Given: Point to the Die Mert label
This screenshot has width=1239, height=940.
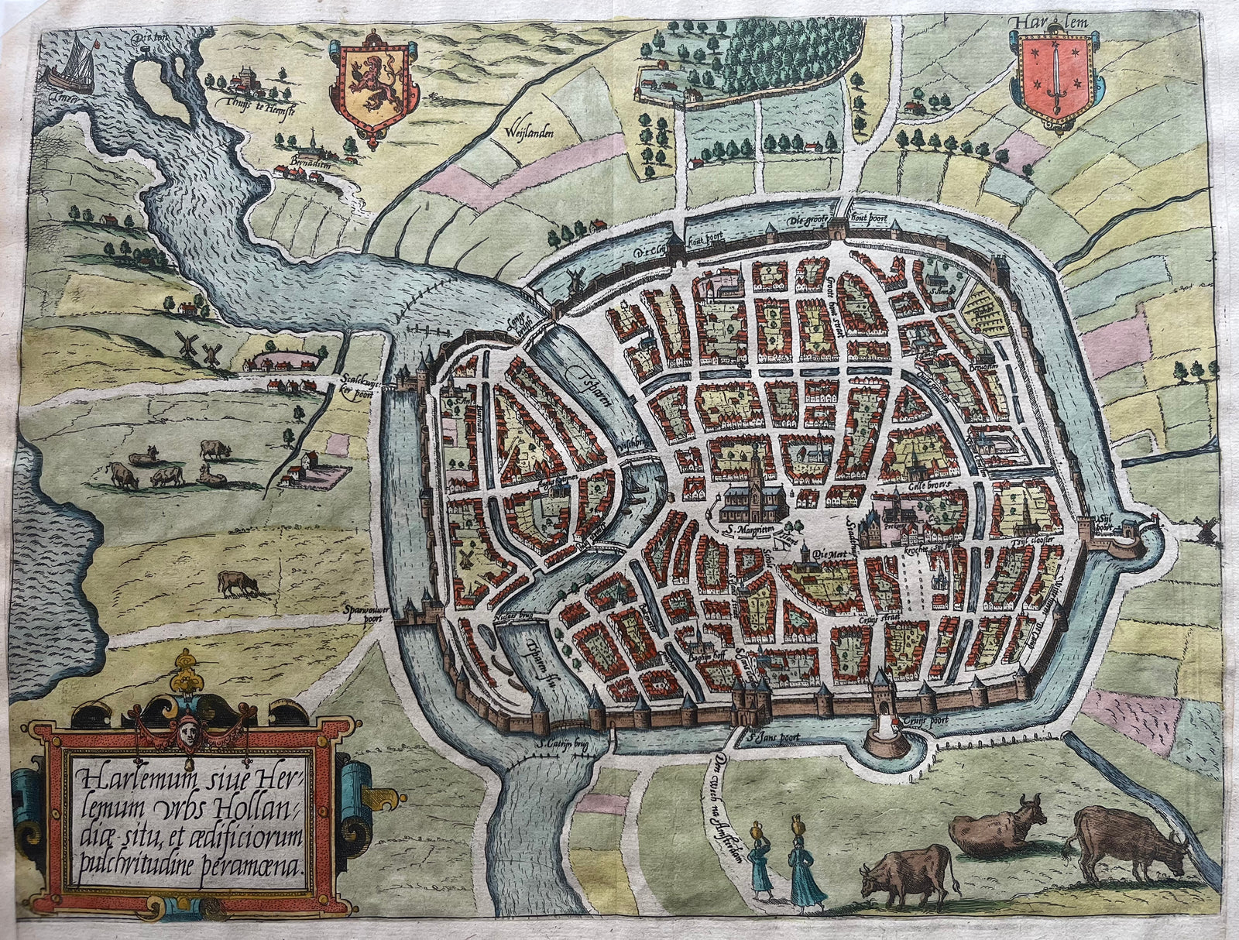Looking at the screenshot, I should (815, 554).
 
